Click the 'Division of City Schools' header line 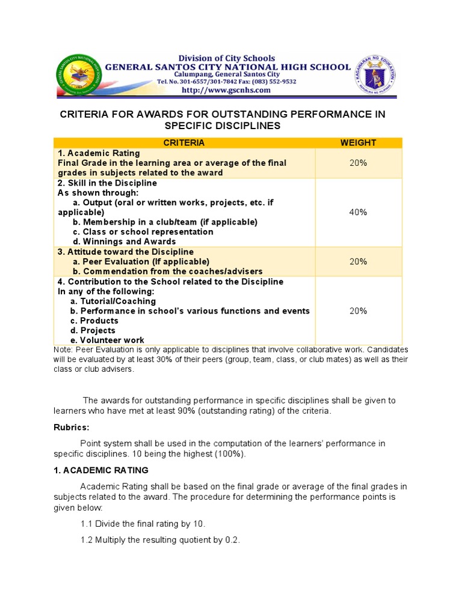click(227, 58)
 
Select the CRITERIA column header click(184, 142)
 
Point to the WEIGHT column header click(358, 142)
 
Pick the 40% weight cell click(358, 212)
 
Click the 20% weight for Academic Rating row click(358, 163)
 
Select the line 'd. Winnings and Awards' click(125, 241)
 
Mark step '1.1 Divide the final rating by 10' click(143, 524)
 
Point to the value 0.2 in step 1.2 click(232, 540)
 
